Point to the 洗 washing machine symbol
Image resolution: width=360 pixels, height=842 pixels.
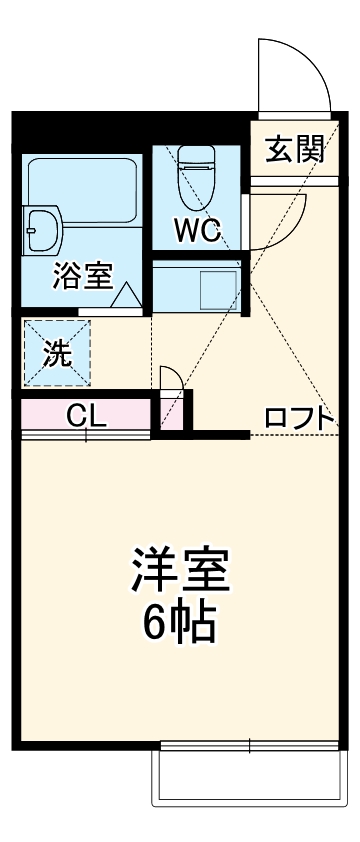point(57,352)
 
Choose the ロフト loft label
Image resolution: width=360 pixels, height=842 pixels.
point(298,419)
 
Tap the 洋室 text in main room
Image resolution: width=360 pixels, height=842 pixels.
point(181,571)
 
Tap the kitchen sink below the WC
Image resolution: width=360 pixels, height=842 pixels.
point(219,290)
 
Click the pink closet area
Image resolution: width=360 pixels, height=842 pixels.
point(86,414)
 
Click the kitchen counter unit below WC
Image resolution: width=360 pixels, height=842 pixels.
point(196,290)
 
